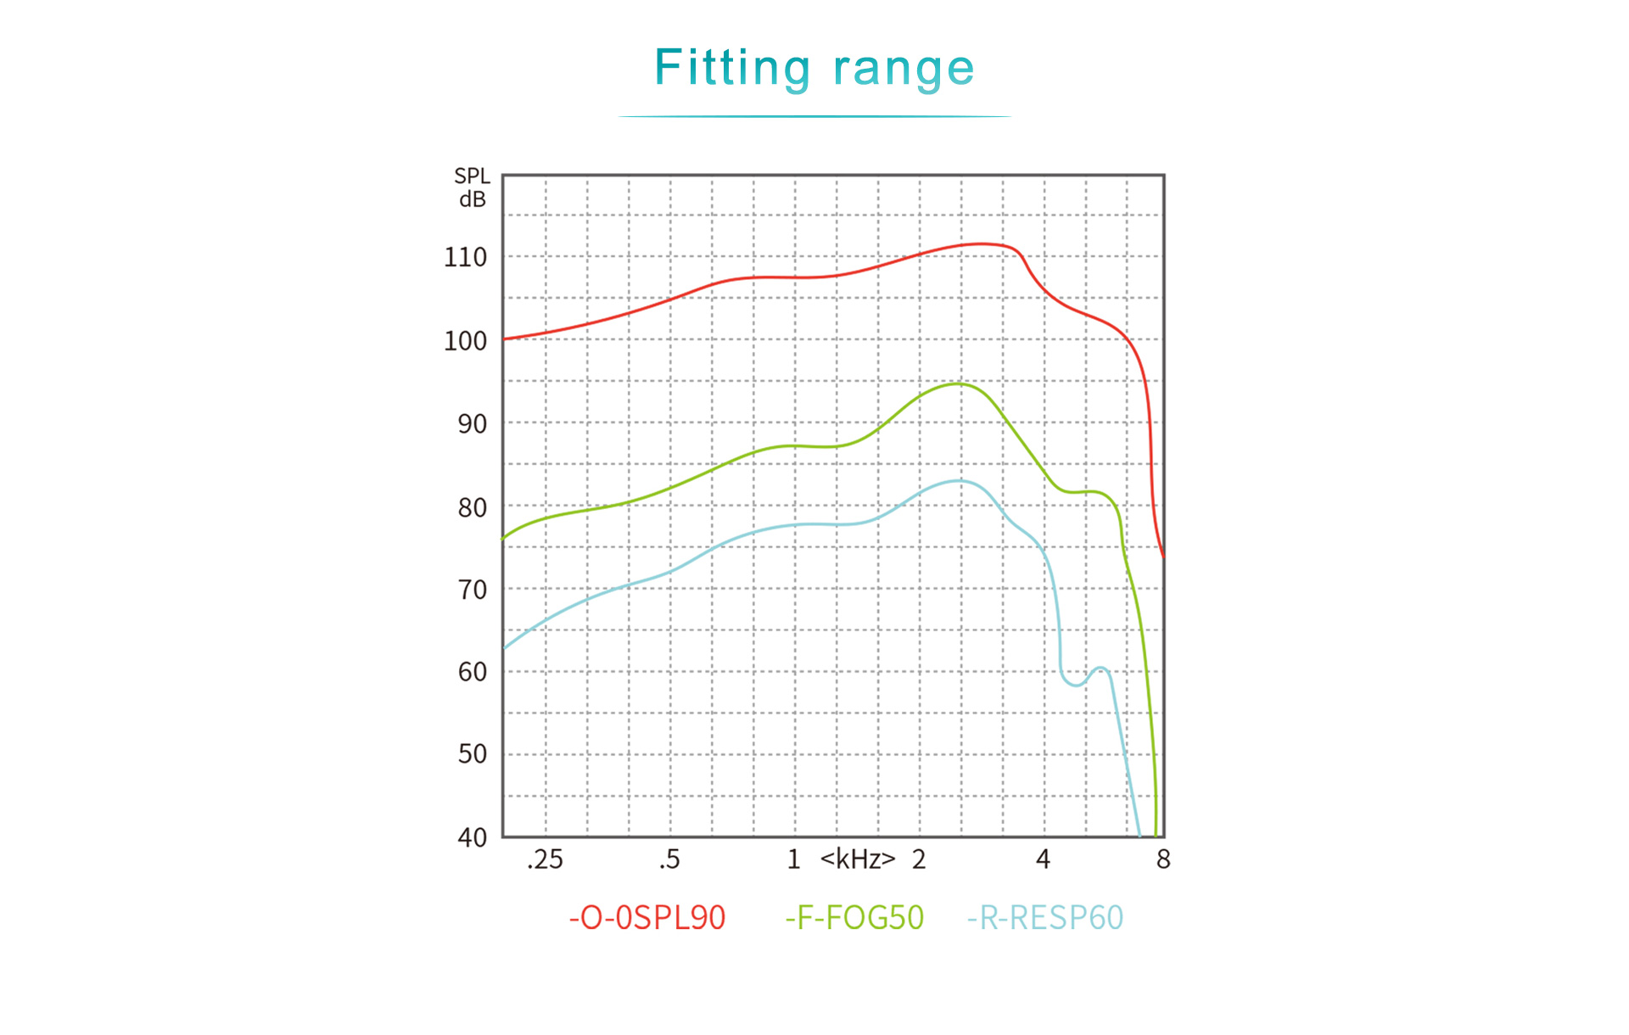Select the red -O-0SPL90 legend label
pos(647,918)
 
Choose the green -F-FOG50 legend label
pos(854,918)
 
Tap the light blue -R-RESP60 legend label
pos(1045,918)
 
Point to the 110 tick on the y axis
pos(465,257)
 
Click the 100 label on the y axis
pos(465,341)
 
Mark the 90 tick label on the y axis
pos(472,423)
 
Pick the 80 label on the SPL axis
pos(472,507)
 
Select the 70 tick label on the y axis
pos(472,590)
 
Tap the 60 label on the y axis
pos(472,672)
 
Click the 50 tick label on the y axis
pos(472,754)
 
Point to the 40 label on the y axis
pos(472,837)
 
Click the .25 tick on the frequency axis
pos(545,860)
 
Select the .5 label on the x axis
pos(669,860)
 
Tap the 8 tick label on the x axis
pos(1163,860)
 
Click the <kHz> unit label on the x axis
pos(857,860)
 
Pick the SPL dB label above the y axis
pos(472,187)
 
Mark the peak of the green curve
pos(958,384)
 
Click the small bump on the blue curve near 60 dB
pos(1100,669)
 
